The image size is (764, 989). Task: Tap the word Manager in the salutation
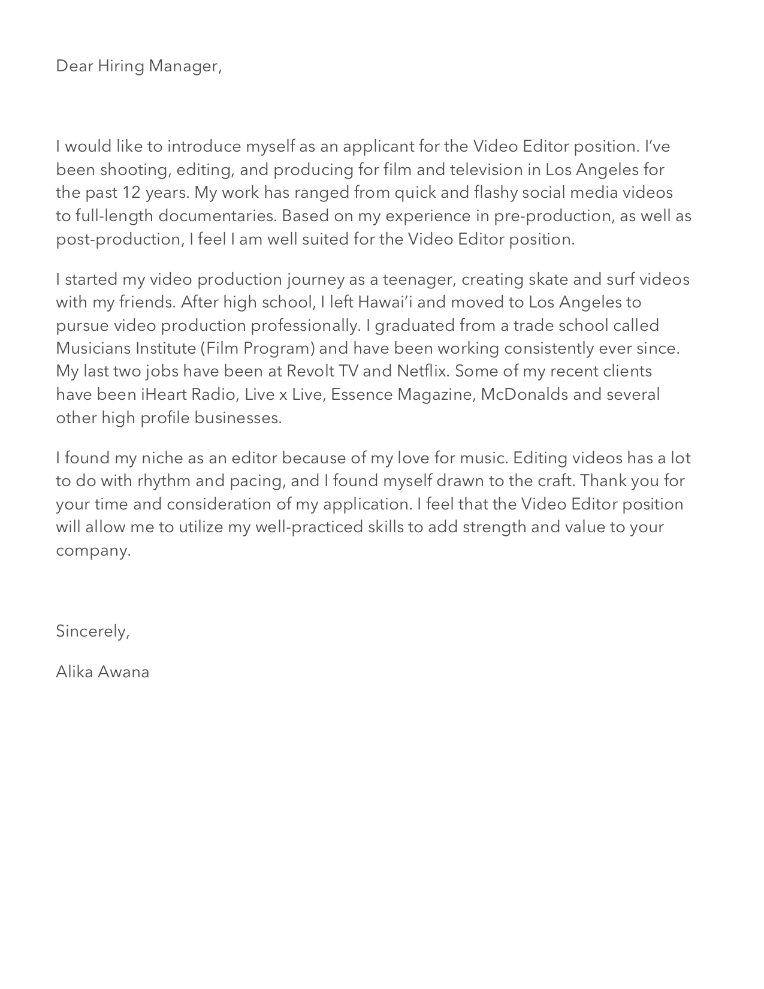pos(185,66)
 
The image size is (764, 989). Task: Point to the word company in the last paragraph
pos(93,551)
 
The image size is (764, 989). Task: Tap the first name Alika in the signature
pos(74,672)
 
